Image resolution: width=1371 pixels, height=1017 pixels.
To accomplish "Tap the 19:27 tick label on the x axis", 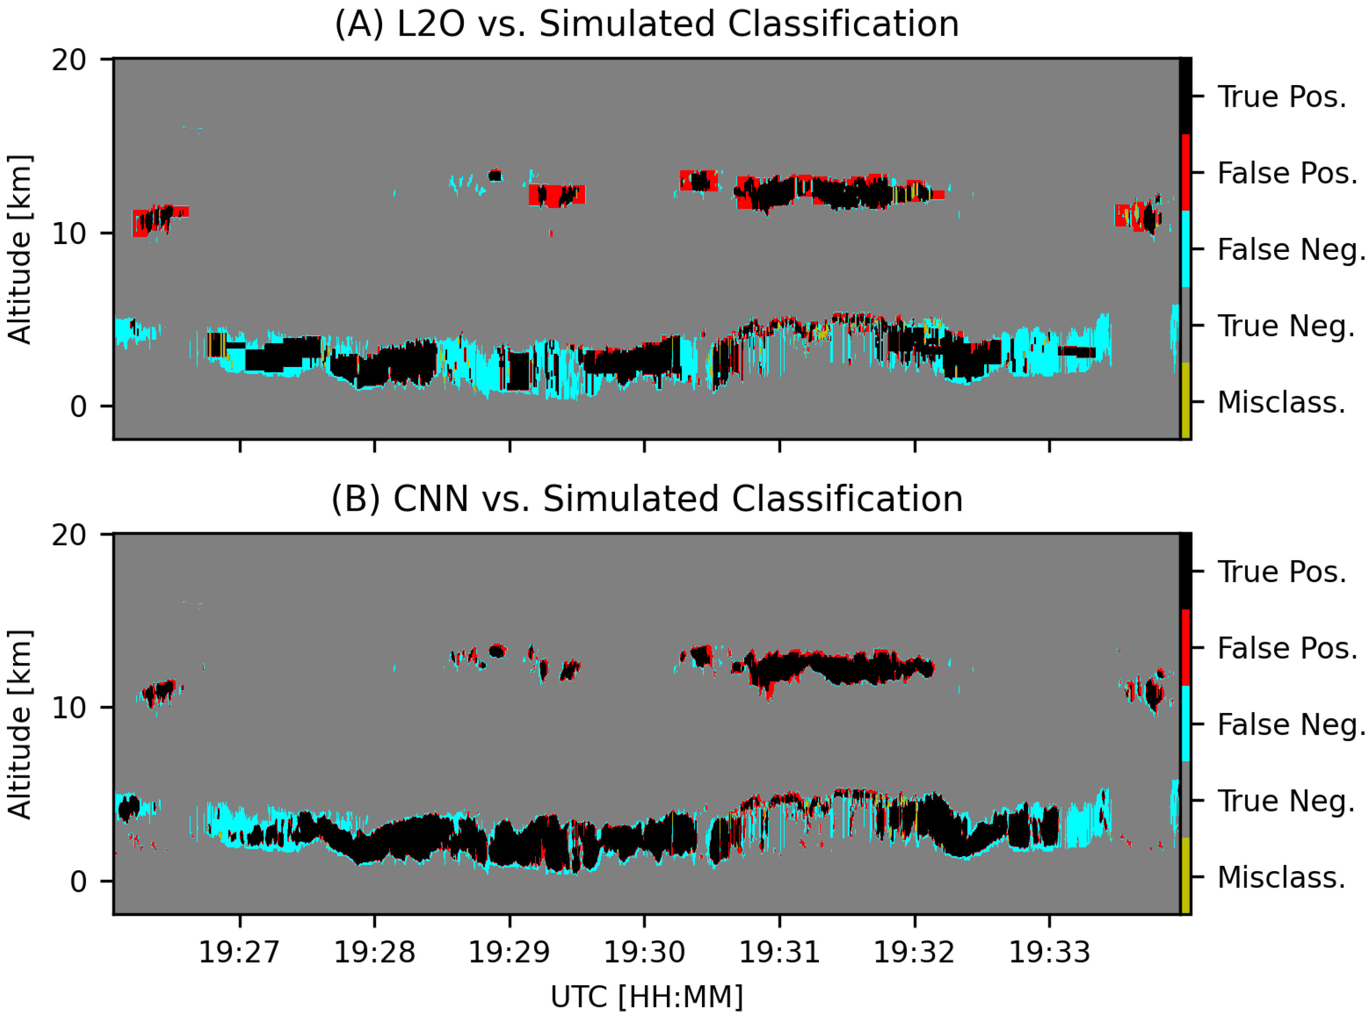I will [x=239, y=952].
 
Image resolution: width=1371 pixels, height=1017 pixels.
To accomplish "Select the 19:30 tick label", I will [x=644, y=952].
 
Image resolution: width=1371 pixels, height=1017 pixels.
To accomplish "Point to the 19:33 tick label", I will [x=1049, y=952].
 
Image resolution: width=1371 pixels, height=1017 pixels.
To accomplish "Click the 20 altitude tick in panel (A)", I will [x=69, y=60].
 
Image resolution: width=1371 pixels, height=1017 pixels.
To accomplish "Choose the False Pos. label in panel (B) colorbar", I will [x=1287, y=648].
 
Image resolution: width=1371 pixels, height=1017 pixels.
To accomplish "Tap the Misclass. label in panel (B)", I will [x=1281, y=877].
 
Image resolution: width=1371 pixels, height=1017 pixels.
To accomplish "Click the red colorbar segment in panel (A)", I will [x=1185, y=172].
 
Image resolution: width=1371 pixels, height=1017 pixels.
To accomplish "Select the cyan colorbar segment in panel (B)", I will [x=1185, y=724].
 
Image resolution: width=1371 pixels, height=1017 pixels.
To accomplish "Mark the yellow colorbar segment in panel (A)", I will [x=1185, y=400].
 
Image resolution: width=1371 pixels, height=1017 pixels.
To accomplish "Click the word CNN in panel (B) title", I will [x=430, y=499].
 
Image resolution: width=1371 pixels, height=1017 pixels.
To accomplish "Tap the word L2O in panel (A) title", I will [x=430, y=25].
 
